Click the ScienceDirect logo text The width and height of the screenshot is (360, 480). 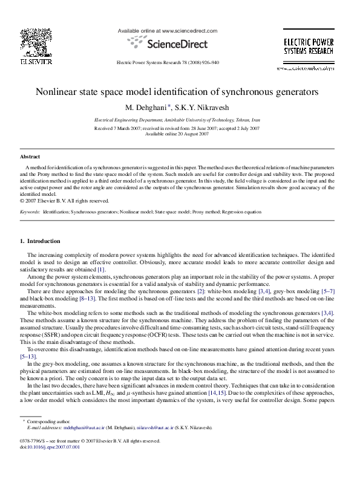coord(167,44)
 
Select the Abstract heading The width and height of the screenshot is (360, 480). coord(30,156)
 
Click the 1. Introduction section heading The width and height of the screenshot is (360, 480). coord(41,241)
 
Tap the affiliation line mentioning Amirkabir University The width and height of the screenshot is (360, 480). coord(180,121)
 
